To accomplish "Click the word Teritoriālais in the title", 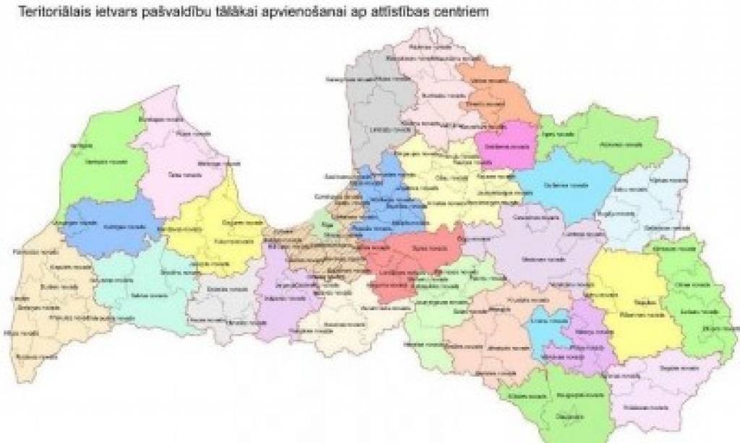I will pyautogui.click(x=49, y=13).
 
